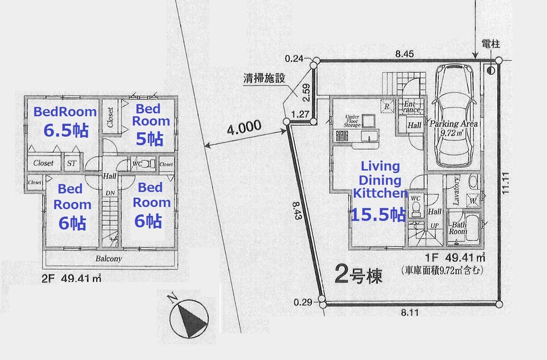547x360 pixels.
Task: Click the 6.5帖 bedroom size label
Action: click(65, 130)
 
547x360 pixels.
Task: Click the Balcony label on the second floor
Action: click(108, 259)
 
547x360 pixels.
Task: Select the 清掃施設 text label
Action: click(265, 78)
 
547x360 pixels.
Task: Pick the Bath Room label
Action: click(458, 228)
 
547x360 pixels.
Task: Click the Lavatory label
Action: click(456, 187)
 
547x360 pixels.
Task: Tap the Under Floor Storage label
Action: click(352, 121)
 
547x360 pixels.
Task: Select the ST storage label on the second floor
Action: click(71, 163)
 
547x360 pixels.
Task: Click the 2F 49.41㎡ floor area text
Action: click(72, 278)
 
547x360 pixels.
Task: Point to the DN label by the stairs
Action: click(109, 193)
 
